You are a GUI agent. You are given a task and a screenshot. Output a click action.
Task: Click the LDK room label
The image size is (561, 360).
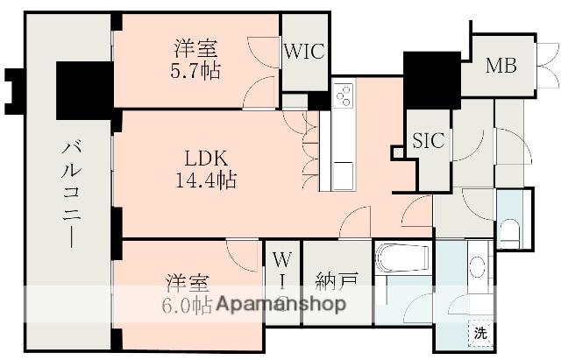coord(207,160)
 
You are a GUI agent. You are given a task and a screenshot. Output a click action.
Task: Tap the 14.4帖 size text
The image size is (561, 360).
coord(207,181)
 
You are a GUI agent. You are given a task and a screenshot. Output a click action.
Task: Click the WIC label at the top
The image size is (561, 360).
coord(304,51)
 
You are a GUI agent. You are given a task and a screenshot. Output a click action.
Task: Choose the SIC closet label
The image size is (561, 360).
coord(429,140)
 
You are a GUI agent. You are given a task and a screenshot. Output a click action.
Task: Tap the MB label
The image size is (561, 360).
coord(501,65)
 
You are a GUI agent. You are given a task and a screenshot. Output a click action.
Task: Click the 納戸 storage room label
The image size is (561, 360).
coord(337,283)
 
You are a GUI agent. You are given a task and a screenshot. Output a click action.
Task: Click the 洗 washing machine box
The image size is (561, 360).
coord(479,333)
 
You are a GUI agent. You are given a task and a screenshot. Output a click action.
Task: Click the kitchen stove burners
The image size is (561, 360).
coord(343,95)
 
